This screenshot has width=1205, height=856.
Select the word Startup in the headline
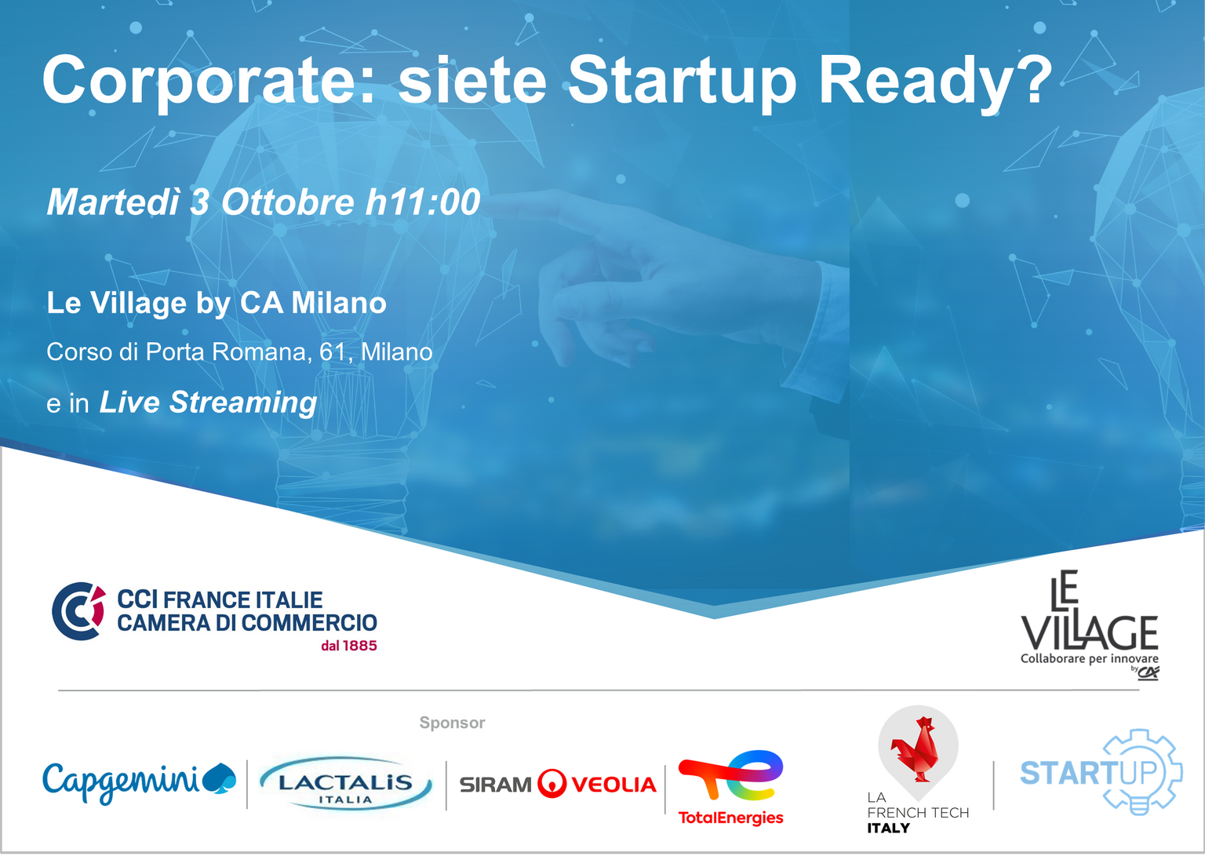682,82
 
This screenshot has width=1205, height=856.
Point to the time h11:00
422,202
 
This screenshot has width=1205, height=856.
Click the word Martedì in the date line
113,202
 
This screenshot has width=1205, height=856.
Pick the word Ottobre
288,202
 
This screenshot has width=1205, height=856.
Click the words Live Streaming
208,402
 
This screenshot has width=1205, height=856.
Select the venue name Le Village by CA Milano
217,303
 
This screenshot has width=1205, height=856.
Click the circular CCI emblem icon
78,611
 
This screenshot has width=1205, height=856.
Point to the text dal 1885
348,646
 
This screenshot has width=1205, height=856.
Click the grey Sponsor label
452,723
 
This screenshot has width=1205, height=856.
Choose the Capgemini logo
140,781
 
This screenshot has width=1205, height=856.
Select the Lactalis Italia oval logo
345,783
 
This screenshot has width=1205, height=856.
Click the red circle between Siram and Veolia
552,783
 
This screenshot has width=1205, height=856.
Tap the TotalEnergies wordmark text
730,818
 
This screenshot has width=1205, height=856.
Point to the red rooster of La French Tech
916,749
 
